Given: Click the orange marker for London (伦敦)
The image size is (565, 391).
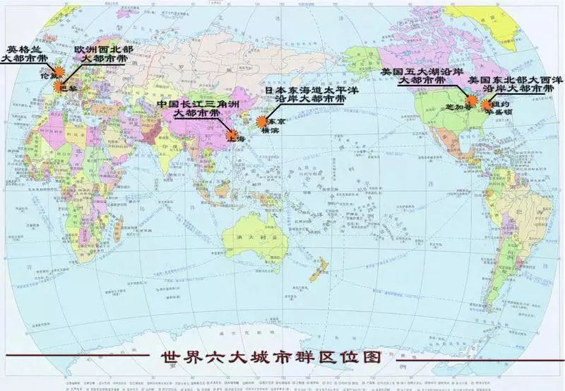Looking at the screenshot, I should click(x=59, y=71).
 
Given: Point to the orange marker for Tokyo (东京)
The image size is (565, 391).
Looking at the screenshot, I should click(x=261, y=122).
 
